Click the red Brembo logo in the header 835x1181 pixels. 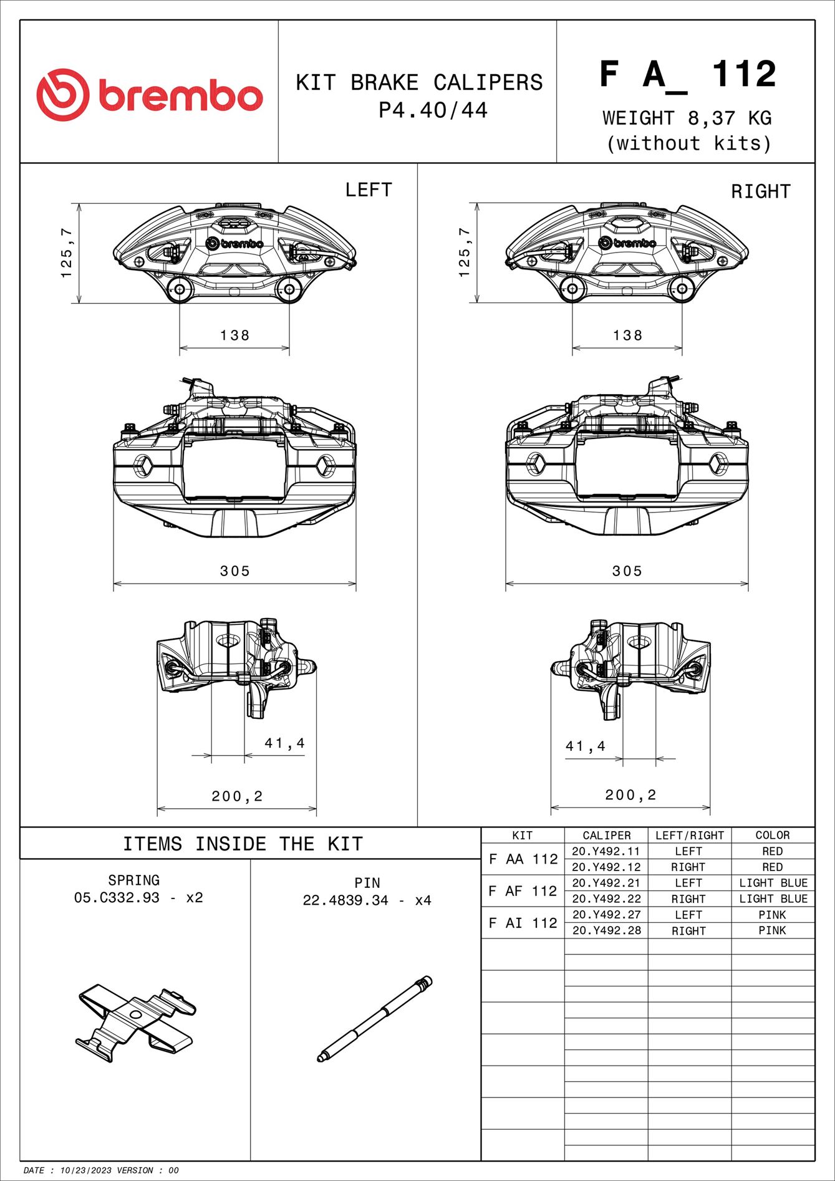click(149, 95)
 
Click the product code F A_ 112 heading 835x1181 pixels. click(688, 75)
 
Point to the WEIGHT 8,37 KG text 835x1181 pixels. click(687, 118)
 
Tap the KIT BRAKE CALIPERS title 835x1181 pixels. click(419, 82)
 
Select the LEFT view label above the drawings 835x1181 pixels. click(369, 190)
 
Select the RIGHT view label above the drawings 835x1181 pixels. click(760, 191)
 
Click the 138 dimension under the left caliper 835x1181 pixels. click(234, 335)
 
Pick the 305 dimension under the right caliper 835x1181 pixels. click(627, 571)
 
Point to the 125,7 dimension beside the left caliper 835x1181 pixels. click(67, 253)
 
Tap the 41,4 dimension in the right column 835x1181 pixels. click(585, 746)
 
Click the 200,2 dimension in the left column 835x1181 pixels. click(237, 796)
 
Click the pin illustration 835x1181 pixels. click(374, 1018)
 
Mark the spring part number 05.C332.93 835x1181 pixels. click(117, 898)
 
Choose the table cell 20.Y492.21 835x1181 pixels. click(606, 883)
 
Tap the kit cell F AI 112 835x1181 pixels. click(523, 923)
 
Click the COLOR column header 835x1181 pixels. click(772, 836)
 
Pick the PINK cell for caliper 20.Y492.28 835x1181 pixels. click(772, 930)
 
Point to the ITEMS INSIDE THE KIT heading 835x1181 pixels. click(243, 844)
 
